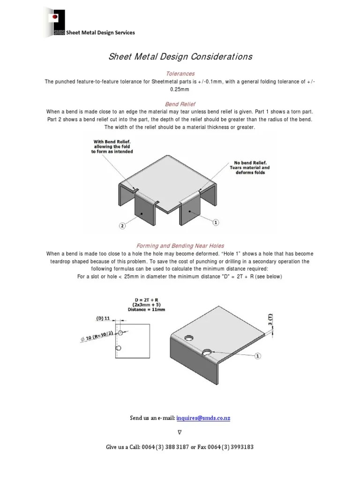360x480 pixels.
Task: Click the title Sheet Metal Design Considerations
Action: pyautogui.click(x=180, y=57)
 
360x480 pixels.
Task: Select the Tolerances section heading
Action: pyautogui.click(x=180, y=74)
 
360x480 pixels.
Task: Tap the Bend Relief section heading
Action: pyautogui.click(x=180, y=104)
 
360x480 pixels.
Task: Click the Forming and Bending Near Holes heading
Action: pyautogui.click(x=180, y=245)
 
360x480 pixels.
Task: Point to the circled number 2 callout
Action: pyautogui.click(x=122, y=226)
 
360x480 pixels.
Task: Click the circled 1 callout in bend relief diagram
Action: pyautogui.click(x=216, y=223)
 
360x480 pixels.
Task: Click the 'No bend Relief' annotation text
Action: pyautogui.click(x=249, y=167)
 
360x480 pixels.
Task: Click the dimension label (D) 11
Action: pyautogui.click(x=103, y=318)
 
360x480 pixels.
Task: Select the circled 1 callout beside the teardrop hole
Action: pyautogui.click(x=257, y=356)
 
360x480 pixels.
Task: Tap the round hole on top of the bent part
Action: pyautogui.click(x=189, y=337)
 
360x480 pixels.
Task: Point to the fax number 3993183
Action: pyautogui.click(x=239, y=447)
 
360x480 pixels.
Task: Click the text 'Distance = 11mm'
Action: pyautogui.click(x=146, y=310)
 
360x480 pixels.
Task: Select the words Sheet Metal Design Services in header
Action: pyautogui.click(x=100, y=32)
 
